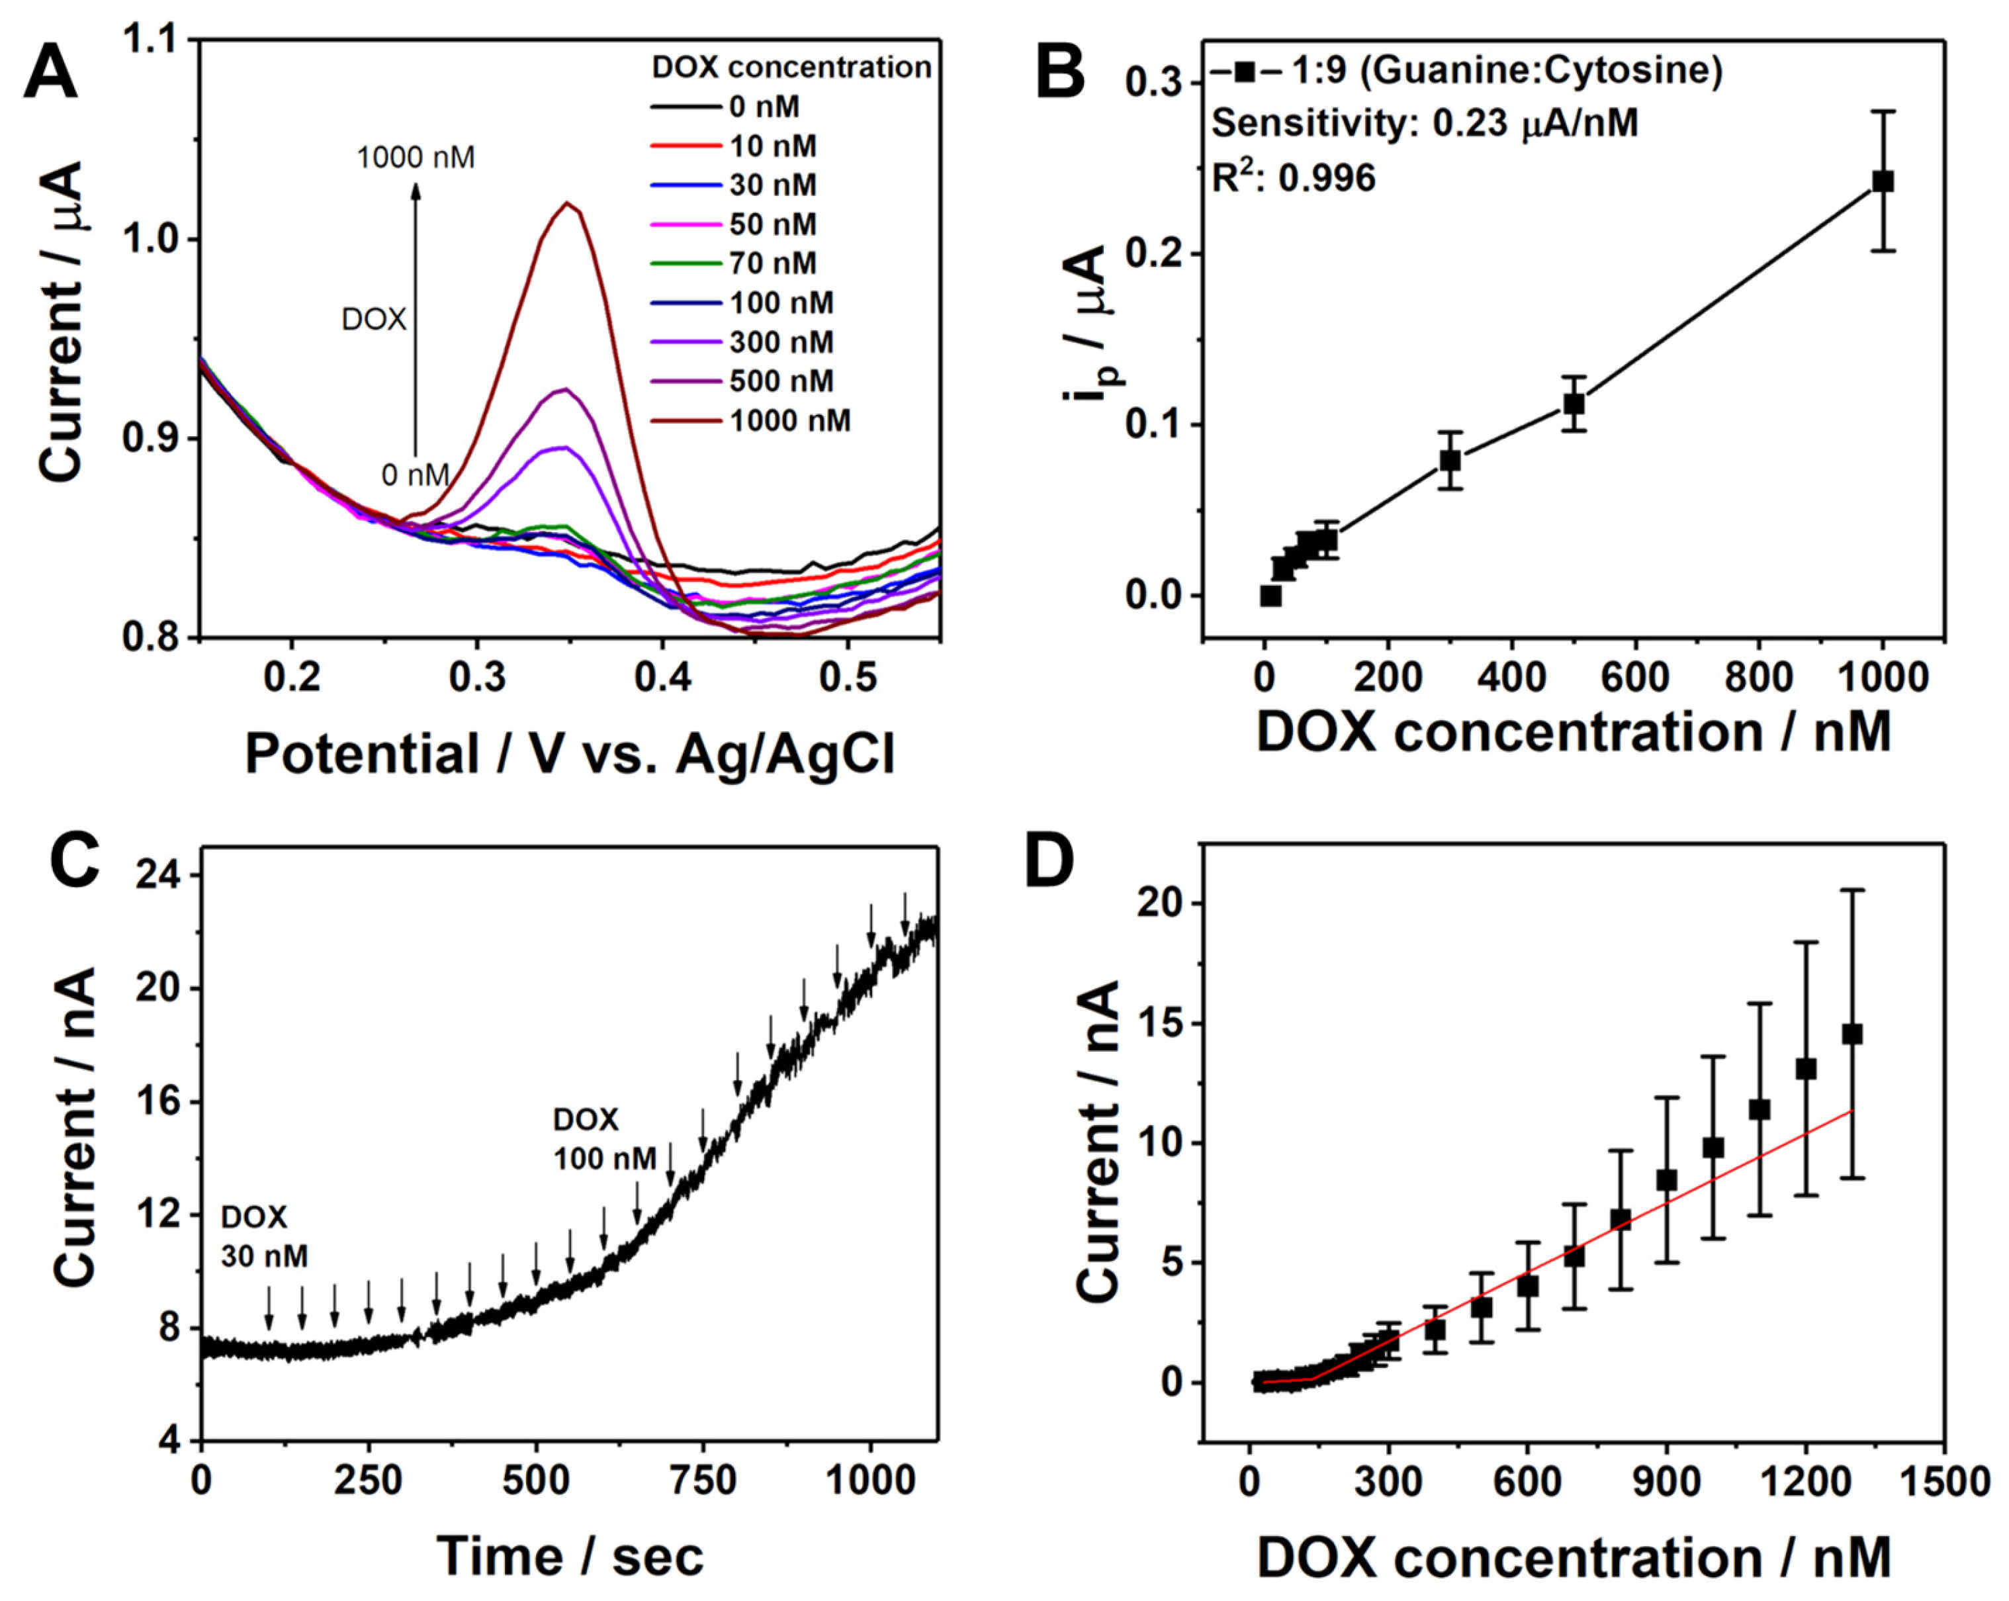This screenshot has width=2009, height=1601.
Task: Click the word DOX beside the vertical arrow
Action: [374, 320]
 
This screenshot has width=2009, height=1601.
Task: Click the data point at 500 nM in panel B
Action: [1574, 404]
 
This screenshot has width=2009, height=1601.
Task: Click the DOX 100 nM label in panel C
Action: [605, 1138]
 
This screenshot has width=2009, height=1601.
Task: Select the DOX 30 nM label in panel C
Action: [264, 1236]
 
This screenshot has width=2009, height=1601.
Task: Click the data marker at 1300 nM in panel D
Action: [1852, 1034]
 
